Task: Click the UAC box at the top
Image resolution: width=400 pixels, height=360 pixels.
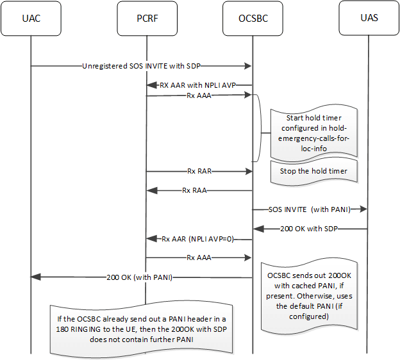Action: (x=31, y=18)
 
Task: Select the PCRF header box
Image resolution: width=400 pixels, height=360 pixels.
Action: (x=146, y=18)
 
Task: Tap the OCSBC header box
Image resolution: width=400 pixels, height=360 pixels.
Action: (x=253, y=18)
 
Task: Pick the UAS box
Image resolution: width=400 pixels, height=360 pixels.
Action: (x=369, y=18)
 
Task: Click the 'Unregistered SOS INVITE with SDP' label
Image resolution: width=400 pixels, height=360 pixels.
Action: (x=143, y=65)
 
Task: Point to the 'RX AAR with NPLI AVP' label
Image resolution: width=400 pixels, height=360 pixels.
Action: (x=199, y=85)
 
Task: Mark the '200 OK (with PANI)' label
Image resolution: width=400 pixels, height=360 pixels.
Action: (x=142, y=277)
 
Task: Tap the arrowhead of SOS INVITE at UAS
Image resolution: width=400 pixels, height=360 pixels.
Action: (x=364, y=209)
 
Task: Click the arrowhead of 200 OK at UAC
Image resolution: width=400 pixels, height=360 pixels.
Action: (x=36, y=277)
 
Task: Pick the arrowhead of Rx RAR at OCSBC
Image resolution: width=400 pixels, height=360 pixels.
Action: (x=247, y=171)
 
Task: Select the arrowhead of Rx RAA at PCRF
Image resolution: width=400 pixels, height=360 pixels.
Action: (x=151, y=190)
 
